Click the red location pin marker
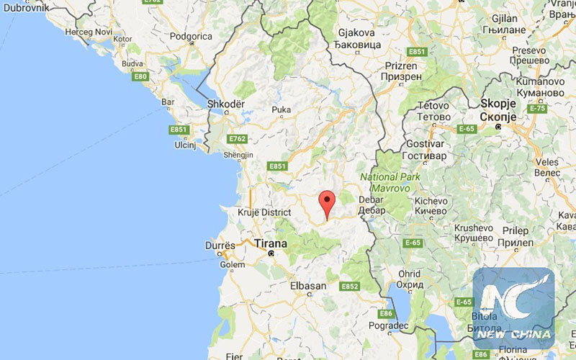328,204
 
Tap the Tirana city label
271,243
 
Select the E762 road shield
237,138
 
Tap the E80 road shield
140,76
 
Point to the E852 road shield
350,286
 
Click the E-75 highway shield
536,108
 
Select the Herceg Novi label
89,32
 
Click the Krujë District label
264,212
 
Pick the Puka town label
281,110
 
